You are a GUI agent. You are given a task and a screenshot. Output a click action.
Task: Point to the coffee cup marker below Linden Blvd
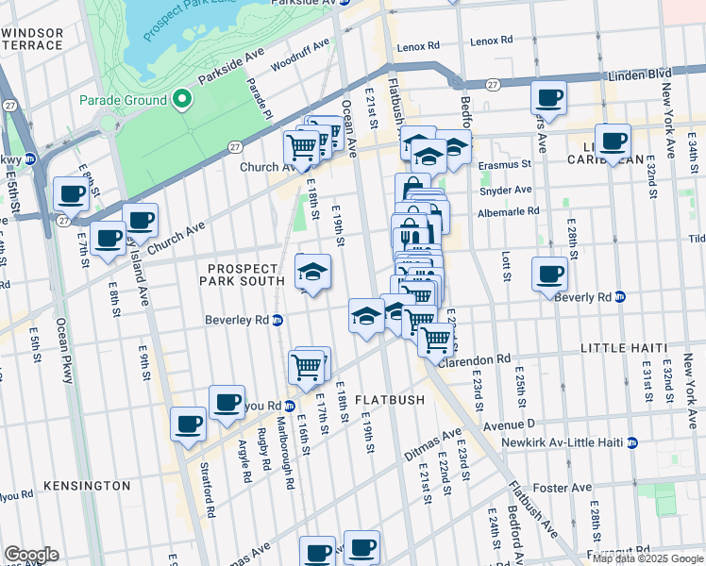tap(547, 96)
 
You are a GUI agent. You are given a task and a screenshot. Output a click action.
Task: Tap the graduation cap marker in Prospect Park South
tap(313, 272)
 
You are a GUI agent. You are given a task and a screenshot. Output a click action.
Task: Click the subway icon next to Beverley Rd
tap(278, 321)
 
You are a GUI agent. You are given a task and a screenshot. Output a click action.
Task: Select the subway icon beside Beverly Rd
tap(620, 297)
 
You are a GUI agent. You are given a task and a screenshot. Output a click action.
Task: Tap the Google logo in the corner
tap(31, 555)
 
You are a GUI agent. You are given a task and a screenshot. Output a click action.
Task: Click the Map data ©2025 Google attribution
tap(647, 558)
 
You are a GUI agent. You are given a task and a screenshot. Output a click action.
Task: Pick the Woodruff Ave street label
tap(299, 55)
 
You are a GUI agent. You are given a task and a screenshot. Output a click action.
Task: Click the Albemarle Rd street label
tap(507, 212)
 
